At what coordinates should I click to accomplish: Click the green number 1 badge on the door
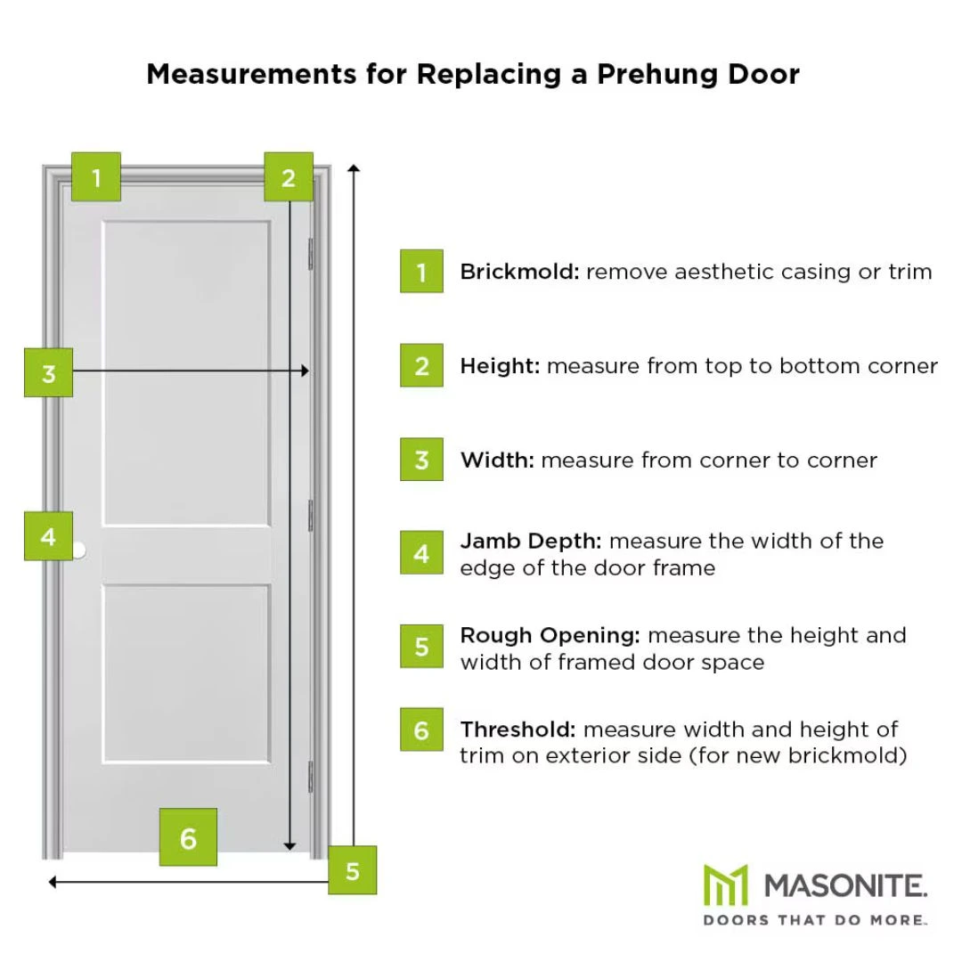point(95,176)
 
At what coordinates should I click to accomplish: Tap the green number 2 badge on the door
point(288,176)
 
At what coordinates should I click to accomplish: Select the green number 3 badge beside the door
point(48,372)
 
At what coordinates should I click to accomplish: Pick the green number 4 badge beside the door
point(48,536)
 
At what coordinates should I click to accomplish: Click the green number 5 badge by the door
point(352,870)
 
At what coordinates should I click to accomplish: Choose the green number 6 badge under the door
point(188,837)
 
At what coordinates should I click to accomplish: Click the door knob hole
point(78,550)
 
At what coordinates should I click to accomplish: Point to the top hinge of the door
point(310,252)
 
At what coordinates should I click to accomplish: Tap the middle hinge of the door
point(310,515)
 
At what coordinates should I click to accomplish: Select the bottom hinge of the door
point(310,775)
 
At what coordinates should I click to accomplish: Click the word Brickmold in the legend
point(519,272)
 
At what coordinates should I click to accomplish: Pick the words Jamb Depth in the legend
point(531,541)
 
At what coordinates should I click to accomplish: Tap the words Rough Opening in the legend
point(550,635)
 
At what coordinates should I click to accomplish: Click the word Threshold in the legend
point(518,730)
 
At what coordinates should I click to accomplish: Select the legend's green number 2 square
point(421,366)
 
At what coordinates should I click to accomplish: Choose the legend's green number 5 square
point(421,646)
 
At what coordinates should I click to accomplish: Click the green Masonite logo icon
point(725,885)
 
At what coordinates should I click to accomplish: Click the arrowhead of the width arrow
point(305,371)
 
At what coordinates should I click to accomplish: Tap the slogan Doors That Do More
point(815,919)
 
